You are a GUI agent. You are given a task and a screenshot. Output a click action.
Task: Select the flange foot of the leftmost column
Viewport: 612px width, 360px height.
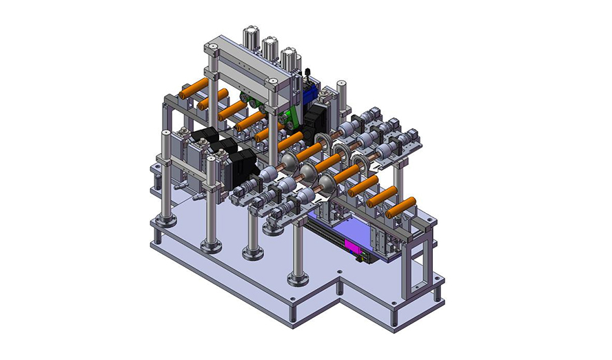165,220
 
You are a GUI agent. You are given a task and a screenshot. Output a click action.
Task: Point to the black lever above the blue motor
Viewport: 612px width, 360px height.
309,72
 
